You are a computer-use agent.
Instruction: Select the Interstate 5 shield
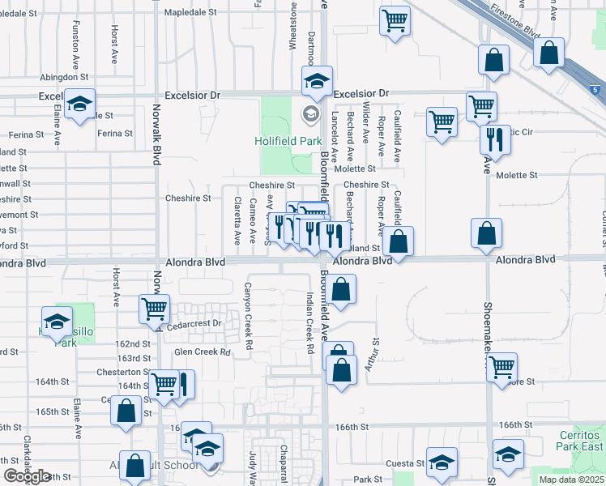pos(595,88)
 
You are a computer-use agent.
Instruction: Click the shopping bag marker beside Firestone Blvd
pos(549,53)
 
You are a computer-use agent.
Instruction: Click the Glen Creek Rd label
pos(203,352)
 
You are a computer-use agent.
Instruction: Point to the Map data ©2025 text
pos(571,480)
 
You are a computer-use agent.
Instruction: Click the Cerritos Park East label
pos(581,441)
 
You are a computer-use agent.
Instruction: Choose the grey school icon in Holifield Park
pos(309,114)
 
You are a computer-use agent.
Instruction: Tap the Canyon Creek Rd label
pos(249,310)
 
